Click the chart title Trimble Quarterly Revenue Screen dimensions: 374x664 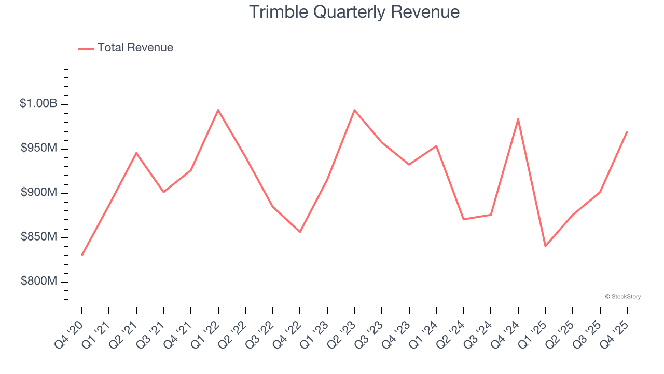(354, 12)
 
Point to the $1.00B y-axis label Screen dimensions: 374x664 (38, 104)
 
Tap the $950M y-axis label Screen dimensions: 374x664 (39, 149)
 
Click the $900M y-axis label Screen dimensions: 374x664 (39, 193)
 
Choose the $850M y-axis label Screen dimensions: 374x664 (39, 237)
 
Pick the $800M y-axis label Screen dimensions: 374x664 (39, 282)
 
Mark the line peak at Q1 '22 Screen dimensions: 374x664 (218, 110)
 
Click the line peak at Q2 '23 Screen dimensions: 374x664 (354, 110)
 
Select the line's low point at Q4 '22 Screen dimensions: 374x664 (300, 232)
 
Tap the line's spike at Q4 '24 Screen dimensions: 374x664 (518, 119)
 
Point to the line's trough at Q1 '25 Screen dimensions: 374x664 (545, 246)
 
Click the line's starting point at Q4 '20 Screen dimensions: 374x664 (82, 255)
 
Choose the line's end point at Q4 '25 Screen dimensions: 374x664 (627, 131)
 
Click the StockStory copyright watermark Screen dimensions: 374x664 (622, 297)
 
